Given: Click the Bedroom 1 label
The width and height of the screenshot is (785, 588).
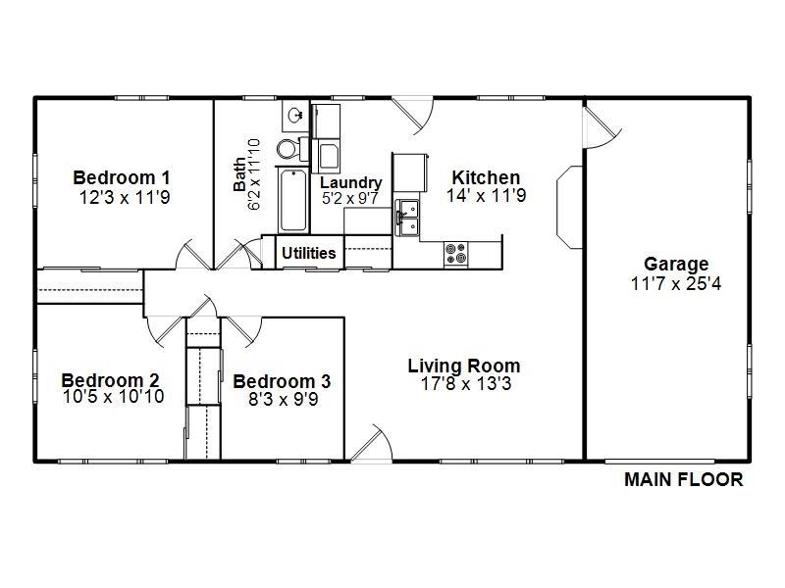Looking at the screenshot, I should pyautogui.click(x=122, y=177).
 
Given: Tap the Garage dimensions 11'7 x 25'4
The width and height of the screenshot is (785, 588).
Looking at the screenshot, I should pyautogui.click(x=676, y=284).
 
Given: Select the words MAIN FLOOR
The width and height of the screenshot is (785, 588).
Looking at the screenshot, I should pyautogui.click(x=684, y=480).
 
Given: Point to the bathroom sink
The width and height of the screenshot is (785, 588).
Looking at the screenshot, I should pyautogui.click(x=294, y=117).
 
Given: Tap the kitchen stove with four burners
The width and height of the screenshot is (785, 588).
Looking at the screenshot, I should pyautogui.click(x=455, y=253).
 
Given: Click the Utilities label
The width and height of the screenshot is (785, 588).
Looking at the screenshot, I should pyautogui.click(x=309, y=253).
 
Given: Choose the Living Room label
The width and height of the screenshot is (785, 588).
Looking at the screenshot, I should pyautogui.click(x=464, y=366).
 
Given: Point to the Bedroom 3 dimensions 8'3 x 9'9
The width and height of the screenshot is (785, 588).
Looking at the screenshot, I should pyautogui.click(x=282, y=399).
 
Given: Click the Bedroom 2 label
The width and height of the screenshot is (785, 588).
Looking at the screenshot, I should pyautogui.click(x=110, y=380).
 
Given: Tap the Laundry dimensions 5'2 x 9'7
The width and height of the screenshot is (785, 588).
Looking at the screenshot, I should pyautogui.click(x=350, y=198).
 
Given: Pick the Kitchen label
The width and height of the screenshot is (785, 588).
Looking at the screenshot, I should pyautogui.click(x=486, y=177).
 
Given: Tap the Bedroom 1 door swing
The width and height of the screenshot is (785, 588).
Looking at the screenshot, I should pyautogui.click(x=192, y=254).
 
